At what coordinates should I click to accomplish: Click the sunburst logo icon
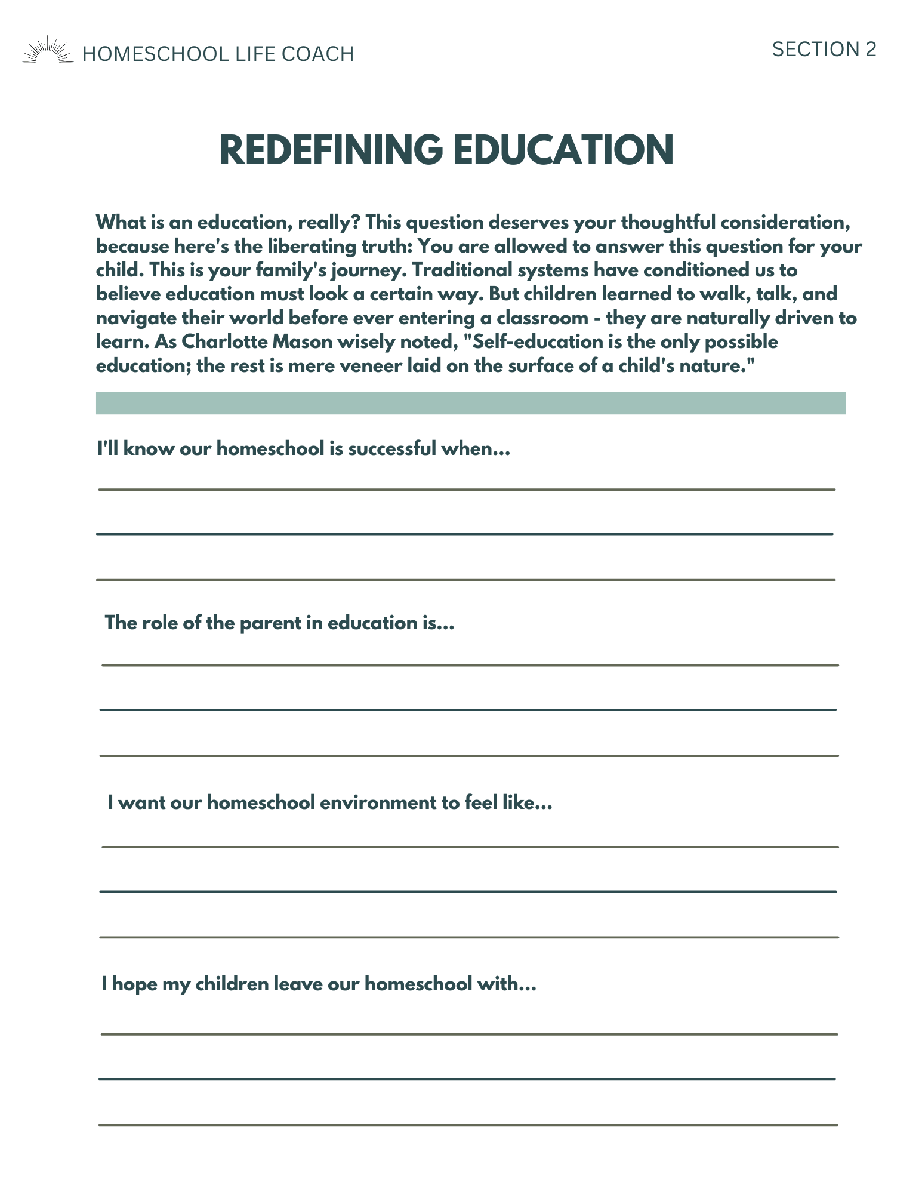(x=47, y=50)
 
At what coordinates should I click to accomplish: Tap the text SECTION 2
(x=824, y=50)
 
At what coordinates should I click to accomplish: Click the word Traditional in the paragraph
(x=462, y=270)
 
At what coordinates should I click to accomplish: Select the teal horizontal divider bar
(x=470, y=403)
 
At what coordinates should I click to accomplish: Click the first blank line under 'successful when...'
(x=467, y=490)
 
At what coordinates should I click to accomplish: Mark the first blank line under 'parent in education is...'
(x=470, y=665)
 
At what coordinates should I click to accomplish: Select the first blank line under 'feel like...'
(x=470, y=847)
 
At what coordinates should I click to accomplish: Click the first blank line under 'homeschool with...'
(x=469, y=1034)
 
